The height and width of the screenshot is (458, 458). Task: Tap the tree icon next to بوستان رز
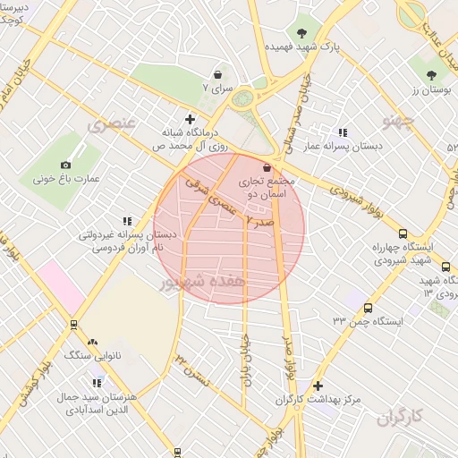pyautogui.click(x=432, y=75)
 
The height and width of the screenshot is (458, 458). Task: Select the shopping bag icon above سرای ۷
pyautogui.click(x=218, y=76)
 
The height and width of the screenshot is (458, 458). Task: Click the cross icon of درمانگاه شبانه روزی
pyautogui.click(x=190, y=118)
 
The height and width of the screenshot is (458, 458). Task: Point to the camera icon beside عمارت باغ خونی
pyautogui.click(x=65, y=165)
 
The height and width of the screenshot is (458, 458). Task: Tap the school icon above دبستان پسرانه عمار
pyautogui.click(x=343, y=132)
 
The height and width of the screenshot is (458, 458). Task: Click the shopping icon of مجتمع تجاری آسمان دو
pyautogui.click(x=267, y=167)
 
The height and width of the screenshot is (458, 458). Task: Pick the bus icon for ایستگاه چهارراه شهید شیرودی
pyautogui.click(x=403, y=233)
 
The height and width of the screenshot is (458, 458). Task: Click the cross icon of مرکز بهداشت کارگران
pyautogui.click(x=319, y=385)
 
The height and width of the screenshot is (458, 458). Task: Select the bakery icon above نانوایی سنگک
pyautogui.click(x=92, y=342)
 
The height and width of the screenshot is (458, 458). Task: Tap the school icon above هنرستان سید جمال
pyautogui.click(x=97, y=384)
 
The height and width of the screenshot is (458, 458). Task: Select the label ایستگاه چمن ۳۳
pyautogui.click(x=369, y=319)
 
